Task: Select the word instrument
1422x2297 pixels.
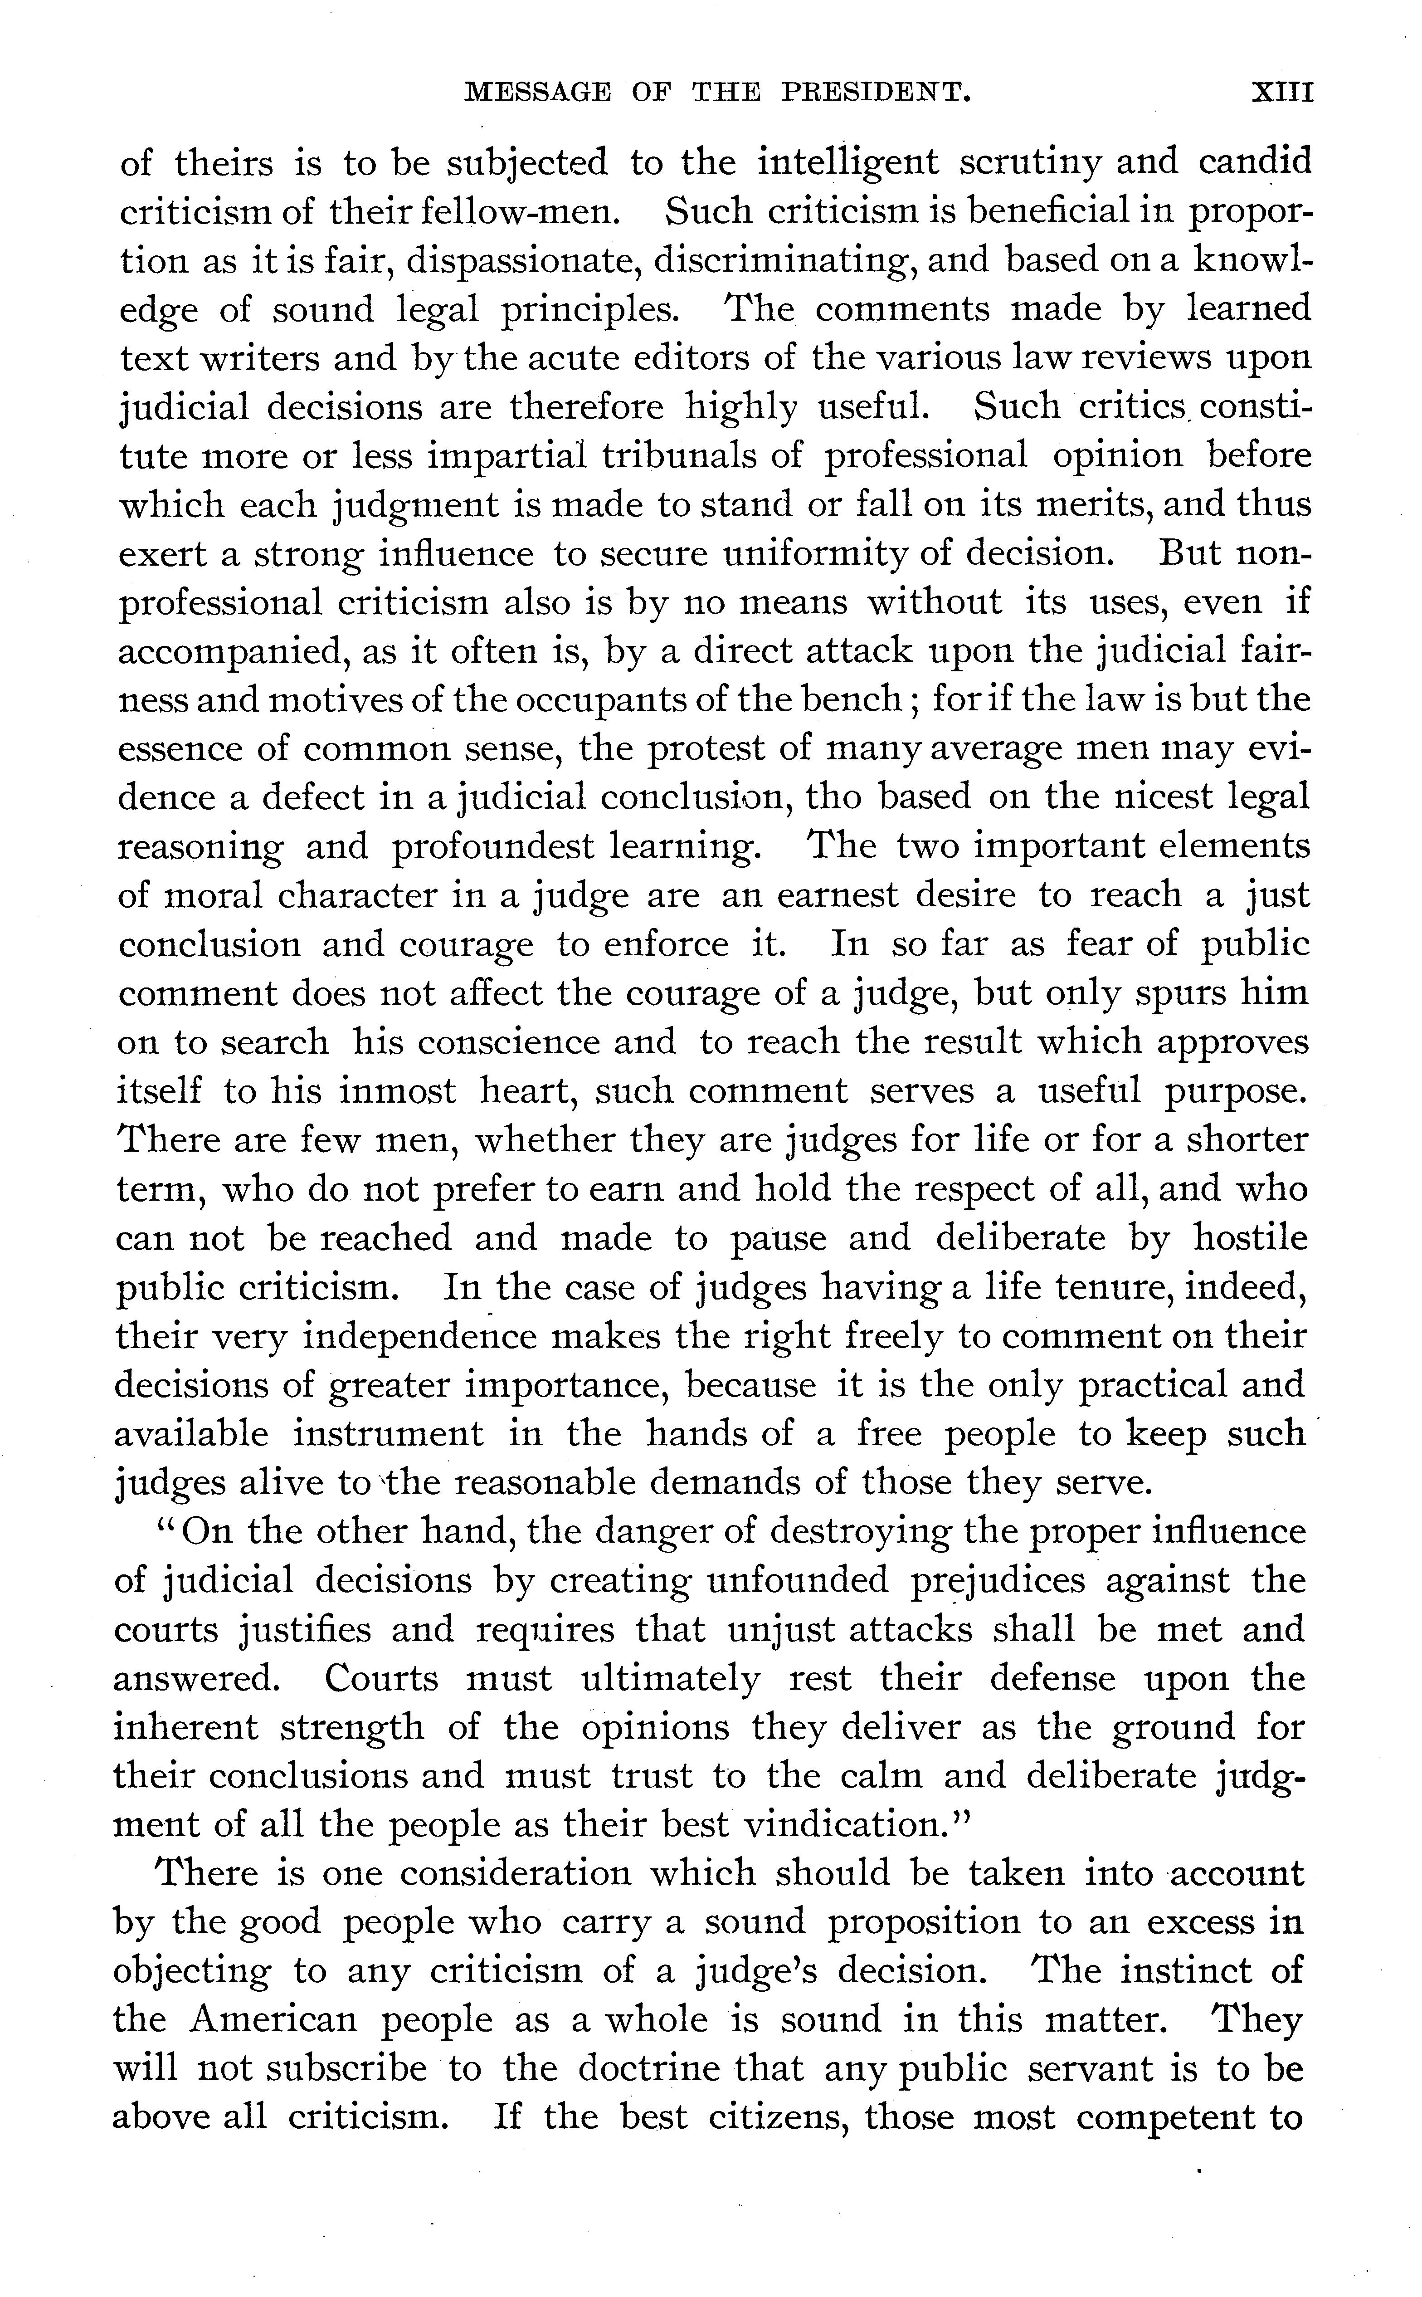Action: point(388,1433)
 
